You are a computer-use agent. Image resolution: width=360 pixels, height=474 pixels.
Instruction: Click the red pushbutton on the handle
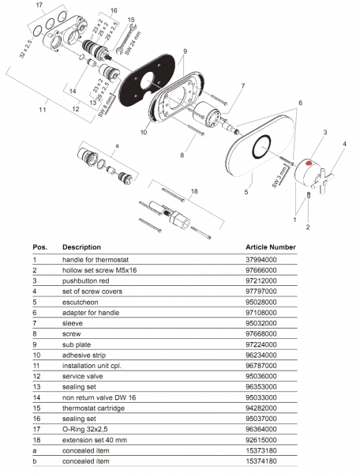tap(309, 164)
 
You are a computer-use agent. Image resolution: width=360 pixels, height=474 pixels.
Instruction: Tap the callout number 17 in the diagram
tap(39, 6)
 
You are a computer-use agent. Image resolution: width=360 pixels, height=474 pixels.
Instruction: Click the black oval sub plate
tap(147, 81)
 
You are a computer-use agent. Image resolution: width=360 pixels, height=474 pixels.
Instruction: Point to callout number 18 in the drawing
tap(194, 191)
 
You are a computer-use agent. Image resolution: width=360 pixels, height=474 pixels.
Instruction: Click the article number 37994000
tap(261, 260)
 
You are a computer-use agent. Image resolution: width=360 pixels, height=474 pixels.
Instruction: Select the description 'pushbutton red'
tap(86, 280)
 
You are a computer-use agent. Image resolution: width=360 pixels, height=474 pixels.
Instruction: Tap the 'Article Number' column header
tap(271, 247)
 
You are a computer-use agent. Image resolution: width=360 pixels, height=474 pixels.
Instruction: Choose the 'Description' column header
tap(81, 247)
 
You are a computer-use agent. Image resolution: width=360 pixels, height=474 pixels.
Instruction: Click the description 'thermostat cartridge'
tap(93, 408)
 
